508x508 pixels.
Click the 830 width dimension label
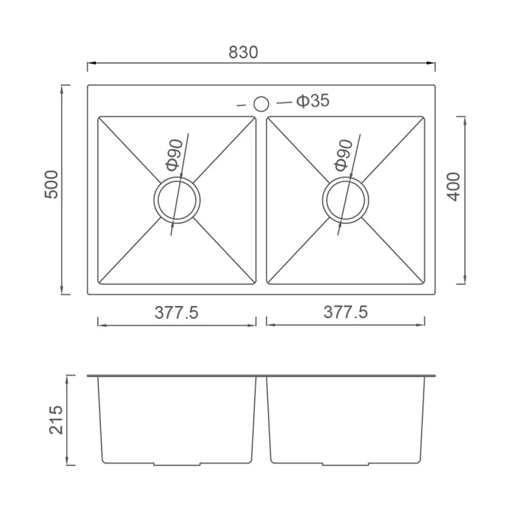click(x=243, y=52)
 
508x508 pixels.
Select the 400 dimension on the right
click(x=453, y=187)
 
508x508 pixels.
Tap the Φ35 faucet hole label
click(x=312, y=101)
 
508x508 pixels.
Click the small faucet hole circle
click(x=261, y=104)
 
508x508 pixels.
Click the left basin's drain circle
click(x=177, y=201)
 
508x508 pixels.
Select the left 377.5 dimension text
click(x=177, y=312)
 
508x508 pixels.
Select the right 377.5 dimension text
click(x=345, y=312)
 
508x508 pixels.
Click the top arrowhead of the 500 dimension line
click(x=62, y=88)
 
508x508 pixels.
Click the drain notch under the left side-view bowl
click(x=178, y=464)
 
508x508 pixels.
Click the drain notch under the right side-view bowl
click(x=347, y=464)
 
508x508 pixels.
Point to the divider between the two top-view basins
click(x=261, y=200)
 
